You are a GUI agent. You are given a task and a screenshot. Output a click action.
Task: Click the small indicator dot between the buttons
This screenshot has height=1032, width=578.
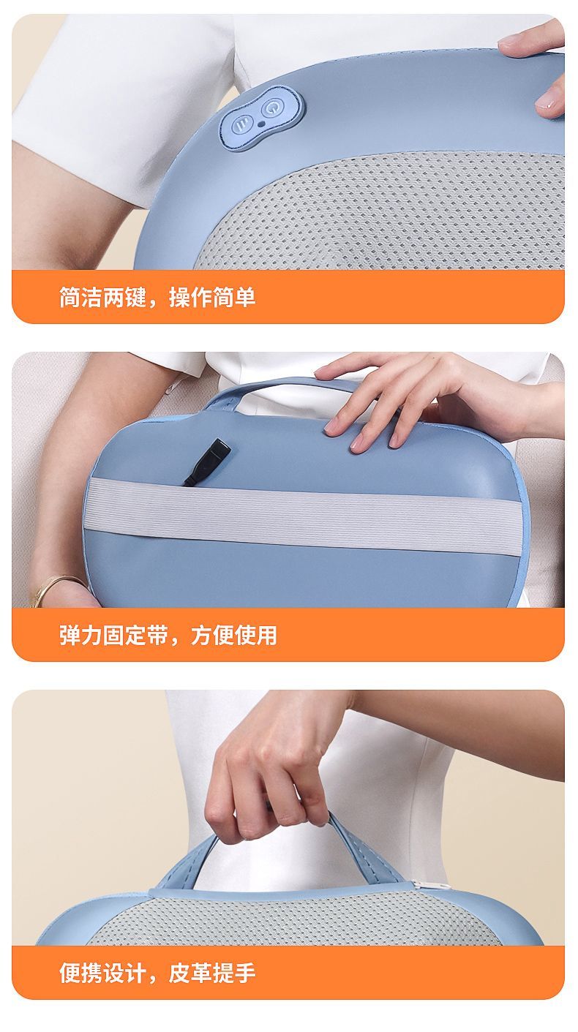coord(261,124)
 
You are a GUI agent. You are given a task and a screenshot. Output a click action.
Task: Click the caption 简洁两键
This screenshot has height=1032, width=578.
coord(102,298)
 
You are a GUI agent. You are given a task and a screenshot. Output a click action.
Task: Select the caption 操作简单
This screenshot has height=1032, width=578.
coord(212,298)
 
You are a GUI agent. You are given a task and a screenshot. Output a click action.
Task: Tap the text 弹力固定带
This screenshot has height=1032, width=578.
coord(113,636)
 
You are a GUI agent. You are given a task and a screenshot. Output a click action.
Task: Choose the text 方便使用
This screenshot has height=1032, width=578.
coord(233,636)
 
